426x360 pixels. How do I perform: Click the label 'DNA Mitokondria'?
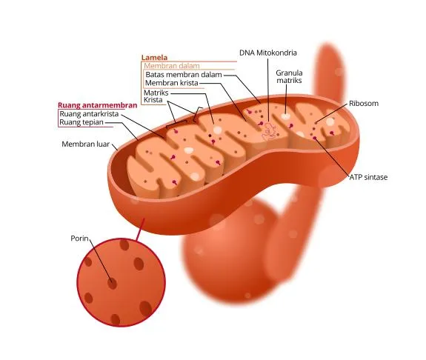tap(268, 53)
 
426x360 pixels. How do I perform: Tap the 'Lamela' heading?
tap(154, 58)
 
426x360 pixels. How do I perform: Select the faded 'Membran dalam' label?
tap(172, 66)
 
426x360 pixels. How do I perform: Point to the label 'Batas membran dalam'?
tap(184, 75)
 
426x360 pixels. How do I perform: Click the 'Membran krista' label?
tap(172, 83)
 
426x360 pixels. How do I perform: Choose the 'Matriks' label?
tap(156, 93)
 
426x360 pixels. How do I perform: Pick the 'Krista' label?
tap(153, 100)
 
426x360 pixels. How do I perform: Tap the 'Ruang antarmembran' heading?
tap(98, 105)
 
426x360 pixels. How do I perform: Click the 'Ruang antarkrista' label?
tap(89, 114)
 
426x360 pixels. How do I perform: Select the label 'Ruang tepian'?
tap(81, 122)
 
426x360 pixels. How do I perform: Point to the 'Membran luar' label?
tap(86, 144)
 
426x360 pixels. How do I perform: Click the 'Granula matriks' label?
tap(289, 76)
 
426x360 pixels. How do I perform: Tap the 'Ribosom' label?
tap(364, 104)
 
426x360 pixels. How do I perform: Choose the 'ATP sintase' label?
tap(368, 177)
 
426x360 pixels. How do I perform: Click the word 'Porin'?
tap(79, 239)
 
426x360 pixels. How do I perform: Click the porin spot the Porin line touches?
tap(112, 284)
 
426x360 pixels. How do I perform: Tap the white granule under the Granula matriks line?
tap(285, 117)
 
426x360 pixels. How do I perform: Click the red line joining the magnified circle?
tap(141, 230)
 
